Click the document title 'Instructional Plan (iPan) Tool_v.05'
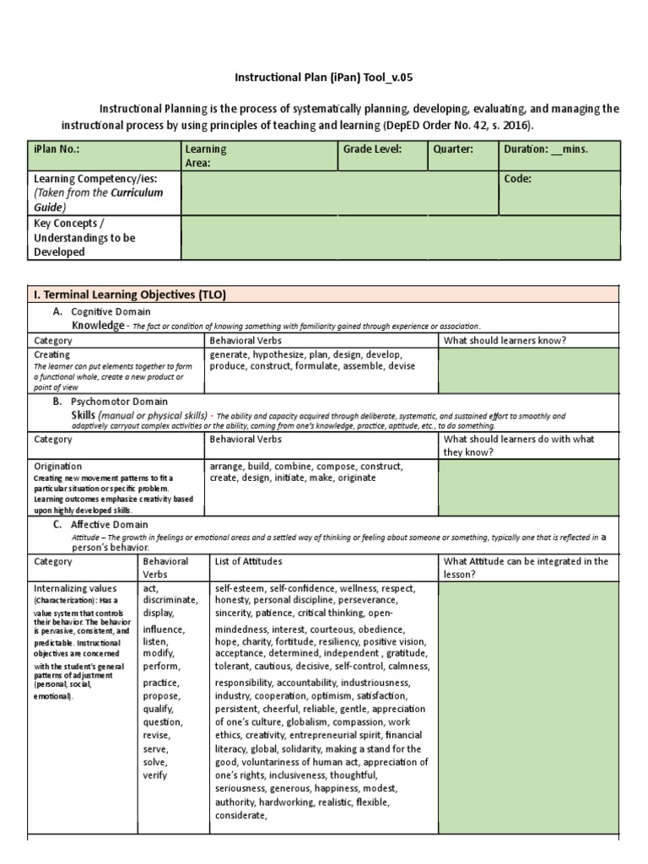pyautogui.click(x=324, y=78)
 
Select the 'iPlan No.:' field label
pyautogui.click(x=58, y=149)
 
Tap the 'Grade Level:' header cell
pyautogui.click(x=371, y=149)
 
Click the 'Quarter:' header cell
pyautogui.click(x=453, y=149)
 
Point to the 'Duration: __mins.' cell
pyautogui.click(x=546, y=149)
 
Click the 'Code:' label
pyautogui.click(x=518, y=179)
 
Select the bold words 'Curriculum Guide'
pyautogui.click(x=99, y=199)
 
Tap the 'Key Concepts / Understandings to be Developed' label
pyautogui.click(x=84, y=238)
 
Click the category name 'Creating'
pyautogui.click(x=52, y=355)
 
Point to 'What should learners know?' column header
pyautogui.click(x=504, y=340)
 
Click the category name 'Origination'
pyautogui.click(x=57, y=466)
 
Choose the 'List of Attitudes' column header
pyautogui.click(x=249, y=561)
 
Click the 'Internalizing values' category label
pyautogui.click(x=75, y=587)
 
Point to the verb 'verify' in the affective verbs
pyautogui.click(x=155, y=775)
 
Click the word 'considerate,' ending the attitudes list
pyautogui.click(x=241, y=816)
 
